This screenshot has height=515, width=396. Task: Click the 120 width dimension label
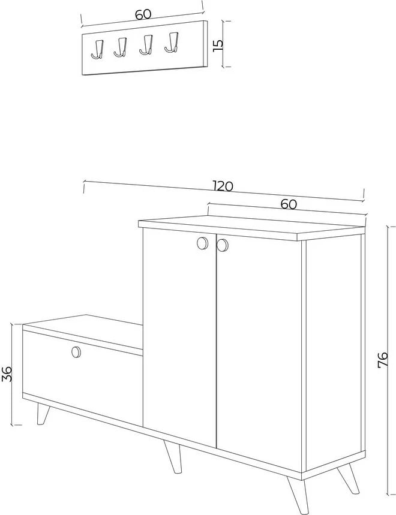point(223,186)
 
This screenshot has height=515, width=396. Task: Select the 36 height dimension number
point(7,374)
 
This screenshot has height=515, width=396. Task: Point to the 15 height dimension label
point(218,44)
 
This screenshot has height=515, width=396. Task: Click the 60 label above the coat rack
point(143,14)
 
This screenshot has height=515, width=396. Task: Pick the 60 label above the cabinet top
point(289,204)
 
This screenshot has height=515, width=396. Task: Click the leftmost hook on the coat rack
point(97,49)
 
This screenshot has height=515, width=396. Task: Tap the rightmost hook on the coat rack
point(172,43)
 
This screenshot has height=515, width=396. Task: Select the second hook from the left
point(121,47)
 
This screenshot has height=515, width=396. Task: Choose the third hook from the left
point(146,45)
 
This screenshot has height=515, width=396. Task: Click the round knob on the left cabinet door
point(202,243)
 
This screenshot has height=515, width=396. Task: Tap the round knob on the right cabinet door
point(223,245)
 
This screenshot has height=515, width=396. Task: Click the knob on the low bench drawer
point(76,352)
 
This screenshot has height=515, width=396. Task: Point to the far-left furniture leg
point(43,414)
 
